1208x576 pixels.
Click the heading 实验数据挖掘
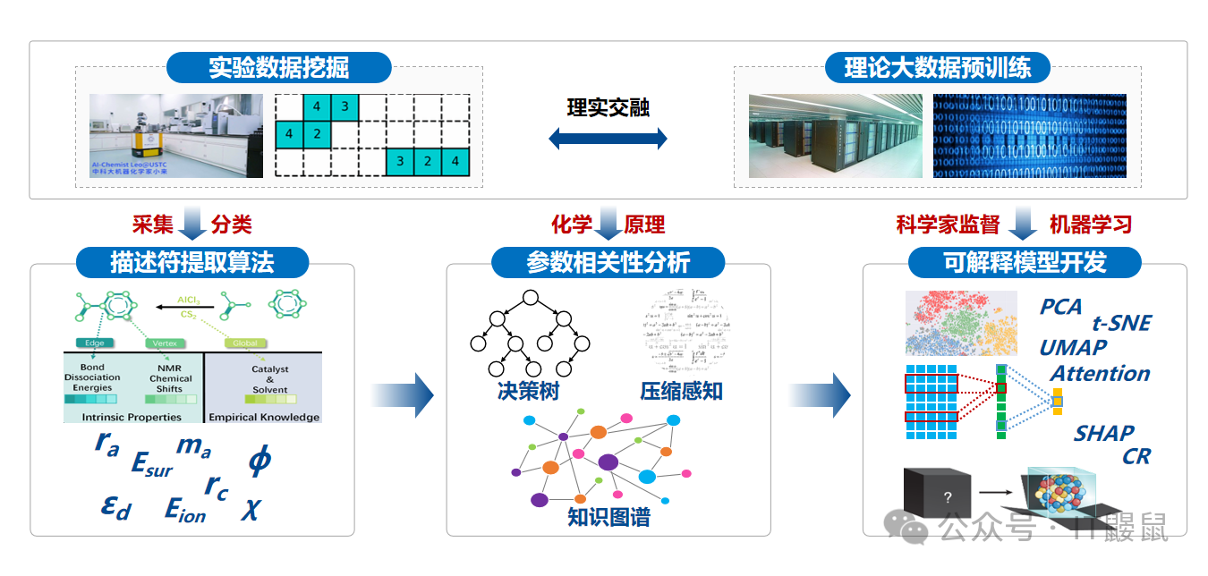278,68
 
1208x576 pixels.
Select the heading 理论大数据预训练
937,68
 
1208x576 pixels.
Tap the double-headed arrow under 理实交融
608,138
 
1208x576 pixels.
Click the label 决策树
529,391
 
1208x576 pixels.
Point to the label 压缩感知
681,391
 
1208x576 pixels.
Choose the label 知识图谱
608,517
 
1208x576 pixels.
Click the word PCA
1060,307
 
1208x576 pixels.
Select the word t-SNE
1121,324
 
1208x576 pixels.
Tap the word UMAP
1073,348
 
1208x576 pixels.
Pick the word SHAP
1103,434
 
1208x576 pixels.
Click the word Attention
1100,374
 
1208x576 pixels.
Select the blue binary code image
1029,136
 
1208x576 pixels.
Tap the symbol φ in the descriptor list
259,460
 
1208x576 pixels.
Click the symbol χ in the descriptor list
251,508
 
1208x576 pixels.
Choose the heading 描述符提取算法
191,262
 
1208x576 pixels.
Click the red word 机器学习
1090,224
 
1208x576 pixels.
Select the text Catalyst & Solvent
269,379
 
